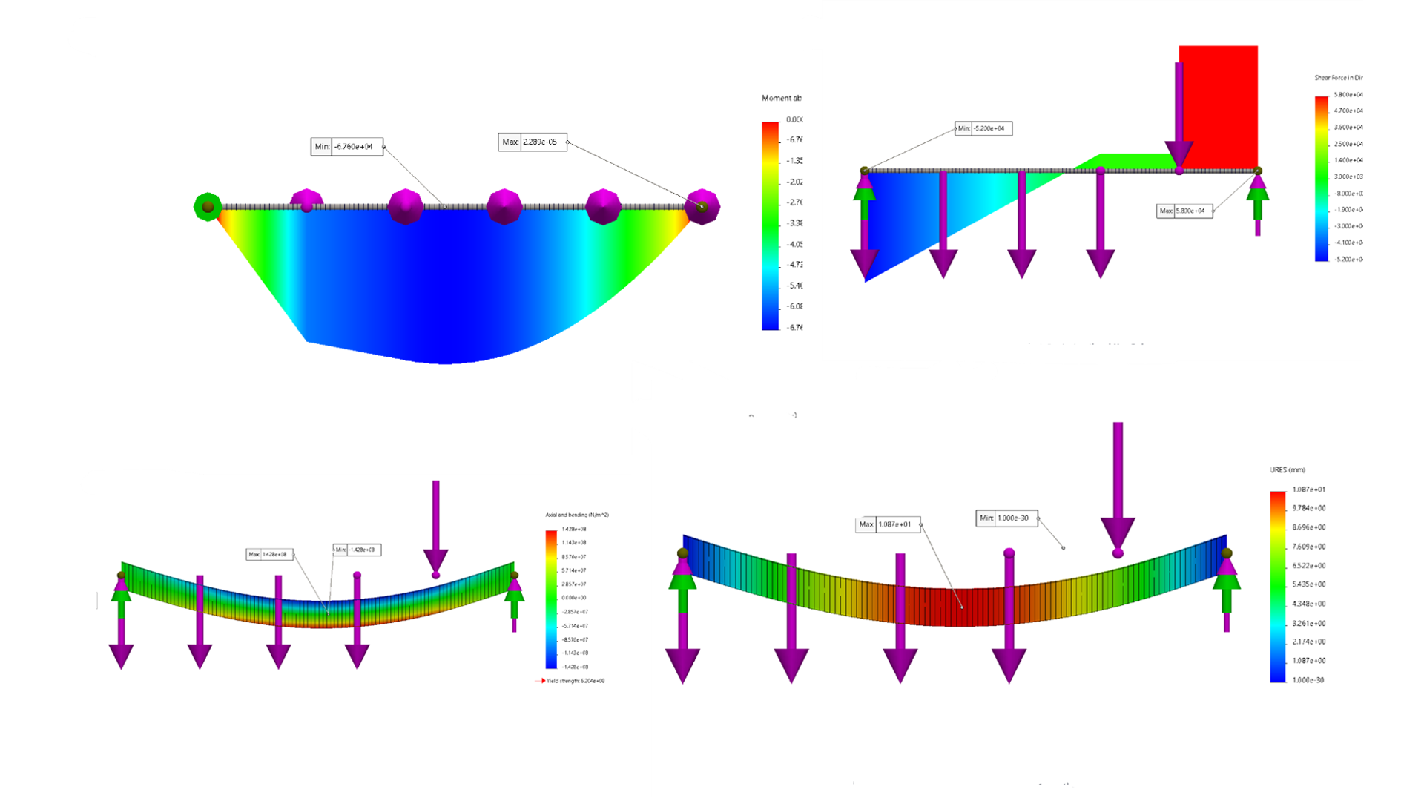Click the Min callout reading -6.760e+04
click(x=346, y=147)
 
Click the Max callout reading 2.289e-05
click(x=533, y=142)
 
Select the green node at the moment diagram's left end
click(x=208, y=207)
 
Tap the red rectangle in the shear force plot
click(x=1218, y=104)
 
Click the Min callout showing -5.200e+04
click(x=983, y=128)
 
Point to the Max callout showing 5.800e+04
click(x=1184, y=211)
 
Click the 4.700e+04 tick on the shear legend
click(x=1348, y=111)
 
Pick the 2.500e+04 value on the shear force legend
click(x=1348, y=144)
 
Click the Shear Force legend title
click(x=1338, y=78)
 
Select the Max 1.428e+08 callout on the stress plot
click(x=269, y=554)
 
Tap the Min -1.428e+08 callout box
click(x=357, y=550)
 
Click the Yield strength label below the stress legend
click(x=575, y=681)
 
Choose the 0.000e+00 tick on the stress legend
click(x=573, y=598)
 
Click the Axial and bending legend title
click(x=577, y=515)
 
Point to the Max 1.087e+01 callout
click(x=888, y=524)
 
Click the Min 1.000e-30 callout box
click(x=1006, y=518)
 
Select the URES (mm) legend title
click(x=1287, y=470)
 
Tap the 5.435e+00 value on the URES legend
click(x=1308, y=584)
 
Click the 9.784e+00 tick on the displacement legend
click(x=1308, y=508)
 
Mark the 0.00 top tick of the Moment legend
click(x=794, y=119)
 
